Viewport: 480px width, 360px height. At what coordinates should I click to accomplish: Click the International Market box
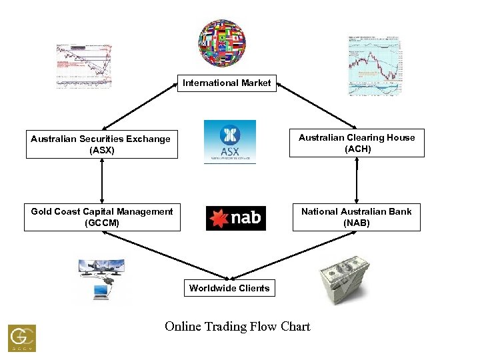[227, 83]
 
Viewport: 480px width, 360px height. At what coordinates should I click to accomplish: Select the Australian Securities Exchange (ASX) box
[102, 144]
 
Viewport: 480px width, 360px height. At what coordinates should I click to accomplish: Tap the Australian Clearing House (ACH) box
[357, 143]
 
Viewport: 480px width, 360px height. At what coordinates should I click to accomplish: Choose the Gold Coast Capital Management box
[102, 217]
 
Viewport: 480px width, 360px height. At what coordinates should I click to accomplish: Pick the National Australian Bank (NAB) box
[357, 217]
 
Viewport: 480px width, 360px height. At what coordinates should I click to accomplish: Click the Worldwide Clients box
[229, 288]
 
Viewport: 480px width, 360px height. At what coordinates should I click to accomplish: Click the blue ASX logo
[229, 141]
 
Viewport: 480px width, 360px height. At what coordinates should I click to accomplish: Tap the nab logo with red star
[236, 217]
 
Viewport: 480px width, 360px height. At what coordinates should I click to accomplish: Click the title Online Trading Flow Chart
[237, 327]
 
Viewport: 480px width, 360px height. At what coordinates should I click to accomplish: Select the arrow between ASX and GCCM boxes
[102, 181]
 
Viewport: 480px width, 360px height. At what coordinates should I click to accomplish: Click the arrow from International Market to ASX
[140, 106]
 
